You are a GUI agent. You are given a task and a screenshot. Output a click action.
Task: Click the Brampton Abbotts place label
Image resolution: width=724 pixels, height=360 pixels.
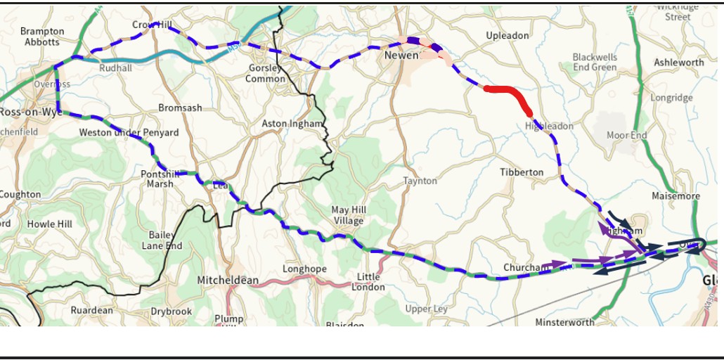(42, 36)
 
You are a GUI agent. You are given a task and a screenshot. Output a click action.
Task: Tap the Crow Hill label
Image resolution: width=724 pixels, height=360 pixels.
(152, 25)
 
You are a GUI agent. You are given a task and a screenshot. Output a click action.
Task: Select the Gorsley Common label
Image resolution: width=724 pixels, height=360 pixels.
(266, 73)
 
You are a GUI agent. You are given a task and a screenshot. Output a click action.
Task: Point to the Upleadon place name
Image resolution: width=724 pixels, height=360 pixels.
(507, 36)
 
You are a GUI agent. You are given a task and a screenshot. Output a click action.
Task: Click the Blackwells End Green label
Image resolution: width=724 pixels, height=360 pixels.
(595, 62)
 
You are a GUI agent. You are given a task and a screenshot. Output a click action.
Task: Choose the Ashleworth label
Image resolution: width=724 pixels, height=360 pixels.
(678, 63)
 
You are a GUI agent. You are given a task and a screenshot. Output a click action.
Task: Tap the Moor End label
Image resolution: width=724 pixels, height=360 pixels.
(627, 135)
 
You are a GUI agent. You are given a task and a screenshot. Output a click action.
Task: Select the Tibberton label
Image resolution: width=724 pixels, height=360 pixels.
(522, 172)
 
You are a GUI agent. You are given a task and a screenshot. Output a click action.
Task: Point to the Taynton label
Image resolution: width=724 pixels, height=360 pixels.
(420, 181)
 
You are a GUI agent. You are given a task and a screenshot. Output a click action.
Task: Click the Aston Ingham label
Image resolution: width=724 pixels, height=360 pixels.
(292, 124)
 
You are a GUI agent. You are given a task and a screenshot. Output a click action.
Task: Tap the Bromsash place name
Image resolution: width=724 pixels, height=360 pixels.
(180, 108)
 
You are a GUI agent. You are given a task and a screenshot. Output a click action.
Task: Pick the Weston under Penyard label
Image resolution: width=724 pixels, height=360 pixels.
(129, 132)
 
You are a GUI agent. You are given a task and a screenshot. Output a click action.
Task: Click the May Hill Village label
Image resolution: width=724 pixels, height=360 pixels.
(349, 215)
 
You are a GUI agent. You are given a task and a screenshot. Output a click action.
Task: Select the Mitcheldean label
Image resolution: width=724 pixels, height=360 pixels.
(228, 280)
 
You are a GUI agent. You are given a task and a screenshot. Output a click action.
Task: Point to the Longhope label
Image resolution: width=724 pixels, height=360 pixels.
(304, 269)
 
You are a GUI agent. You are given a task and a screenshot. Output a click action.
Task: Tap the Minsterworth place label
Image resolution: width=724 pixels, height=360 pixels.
(564, 322)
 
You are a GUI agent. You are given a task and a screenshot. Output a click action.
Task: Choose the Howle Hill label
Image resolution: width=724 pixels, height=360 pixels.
(50, 224)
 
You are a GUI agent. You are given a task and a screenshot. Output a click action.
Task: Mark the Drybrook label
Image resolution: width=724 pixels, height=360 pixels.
(171, 311)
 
